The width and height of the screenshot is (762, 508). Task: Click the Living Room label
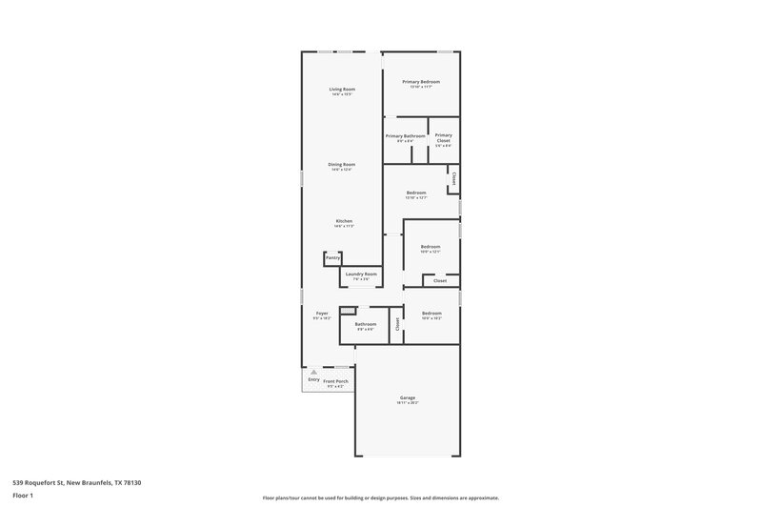[x=342, y=90]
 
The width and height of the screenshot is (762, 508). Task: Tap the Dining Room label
[x=342, y=165]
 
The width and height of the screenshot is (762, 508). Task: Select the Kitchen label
[x=343, y=221]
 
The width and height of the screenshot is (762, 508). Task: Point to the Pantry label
[x=332, y=257]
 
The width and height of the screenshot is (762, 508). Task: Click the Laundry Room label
[x=361, y=274]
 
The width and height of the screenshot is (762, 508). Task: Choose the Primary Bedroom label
[x=420, y=82]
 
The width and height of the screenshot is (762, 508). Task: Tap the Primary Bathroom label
[x=405, y=136]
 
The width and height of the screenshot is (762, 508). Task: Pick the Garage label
[x=407, y=397]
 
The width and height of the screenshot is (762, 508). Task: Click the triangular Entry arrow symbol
[x=313, y=373]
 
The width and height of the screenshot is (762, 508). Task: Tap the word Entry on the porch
[x=313, y=380]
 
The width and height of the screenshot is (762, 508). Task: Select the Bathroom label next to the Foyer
[x=366, y=324]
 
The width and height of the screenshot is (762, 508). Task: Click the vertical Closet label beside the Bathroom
[x=397, y=324]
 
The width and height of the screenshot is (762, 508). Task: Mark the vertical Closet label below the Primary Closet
[x=454, y=178]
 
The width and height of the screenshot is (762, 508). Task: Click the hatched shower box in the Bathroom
[x=350, y=310]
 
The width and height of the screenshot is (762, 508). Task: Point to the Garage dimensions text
[x=407, y=403]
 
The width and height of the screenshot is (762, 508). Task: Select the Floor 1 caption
[x=23, y=496]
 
